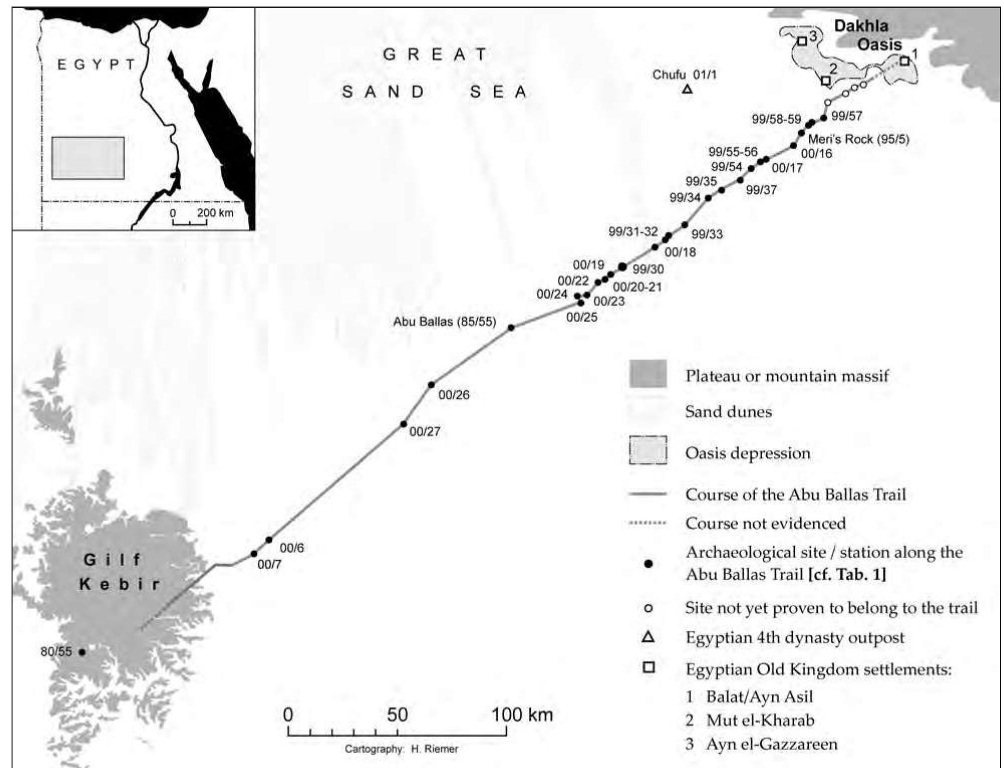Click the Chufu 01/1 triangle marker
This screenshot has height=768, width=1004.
[687, 90]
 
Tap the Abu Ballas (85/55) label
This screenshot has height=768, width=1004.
[444, 322]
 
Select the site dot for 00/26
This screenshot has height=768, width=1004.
[431, 385]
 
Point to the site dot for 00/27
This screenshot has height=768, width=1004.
[403, 424]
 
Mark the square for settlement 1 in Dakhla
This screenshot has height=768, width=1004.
[904, 61]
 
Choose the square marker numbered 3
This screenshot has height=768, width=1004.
[802, 41]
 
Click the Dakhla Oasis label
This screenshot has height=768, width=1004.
[868, 35]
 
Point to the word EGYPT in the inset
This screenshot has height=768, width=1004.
[96, 65]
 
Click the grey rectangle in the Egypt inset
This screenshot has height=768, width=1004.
[88, 158]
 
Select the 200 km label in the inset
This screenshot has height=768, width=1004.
[215, 212]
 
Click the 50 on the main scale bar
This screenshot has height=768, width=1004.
[397, 714]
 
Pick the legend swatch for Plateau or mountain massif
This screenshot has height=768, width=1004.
[648, 374]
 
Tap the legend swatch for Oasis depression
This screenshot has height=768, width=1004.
[648, 450]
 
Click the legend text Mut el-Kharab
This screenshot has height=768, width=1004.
[760, 720]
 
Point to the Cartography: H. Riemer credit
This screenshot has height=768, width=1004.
[401, 749]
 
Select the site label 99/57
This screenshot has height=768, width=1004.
[846, 116]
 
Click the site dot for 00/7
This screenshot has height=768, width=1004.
[254, 554]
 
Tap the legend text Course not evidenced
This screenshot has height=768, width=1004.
[765, 523]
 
